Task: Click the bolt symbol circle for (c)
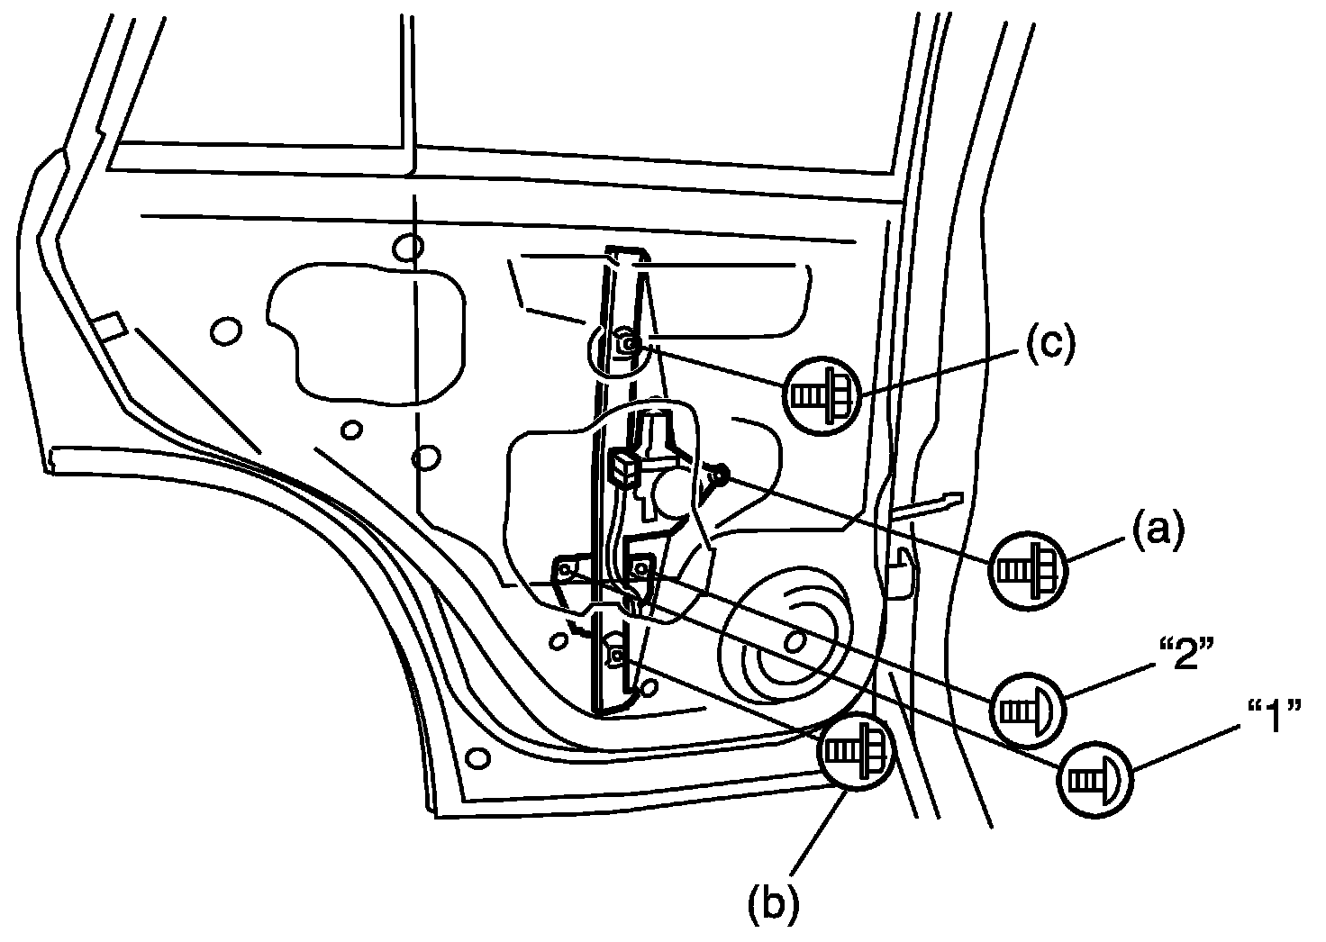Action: (x=822, y=394)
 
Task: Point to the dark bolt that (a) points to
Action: (x=721, y=474)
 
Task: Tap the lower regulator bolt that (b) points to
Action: (x=617, y=657)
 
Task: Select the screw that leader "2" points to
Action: (x=643, y=567)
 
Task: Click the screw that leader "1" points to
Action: (x=566, y=571)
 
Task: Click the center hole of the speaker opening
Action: (x=794, y=642)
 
